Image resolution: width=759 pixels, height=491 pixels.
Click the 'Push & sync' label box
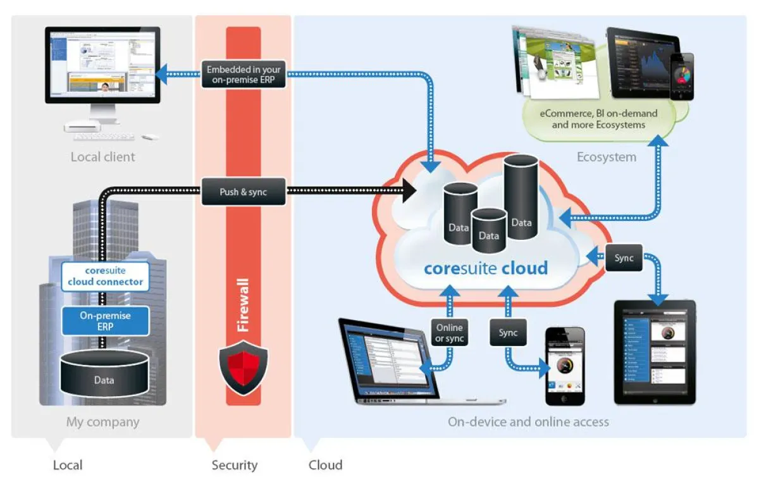[244, 192]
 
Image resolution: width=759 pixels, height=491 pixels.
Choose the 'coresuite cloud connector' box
[105, 276]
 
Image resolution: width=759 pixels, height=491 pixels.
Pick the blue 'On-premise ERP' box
[105, 320]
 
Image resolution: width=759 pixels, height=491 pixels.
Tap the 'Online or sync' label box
[449, 333]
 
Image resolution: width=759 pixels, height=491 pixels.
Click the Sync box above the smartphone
[508, 333]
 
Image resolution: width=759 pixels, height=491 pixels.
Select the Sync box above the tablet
[624, 258]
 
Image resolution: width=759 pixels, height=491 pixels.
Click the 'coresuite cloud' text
[486, 268]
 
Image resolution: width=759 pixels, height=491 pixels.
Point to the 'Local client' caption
[102, 156]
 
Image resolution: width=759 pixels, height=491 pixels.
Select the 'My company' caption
[102, 421]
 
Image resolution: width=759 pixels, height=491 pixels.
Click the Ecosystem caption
[606, 157]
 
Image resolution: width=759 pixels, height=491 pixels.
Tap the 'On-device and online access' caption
[528, 421]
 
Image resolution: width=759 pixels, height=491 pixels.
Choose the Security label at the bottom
[235, 465]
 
